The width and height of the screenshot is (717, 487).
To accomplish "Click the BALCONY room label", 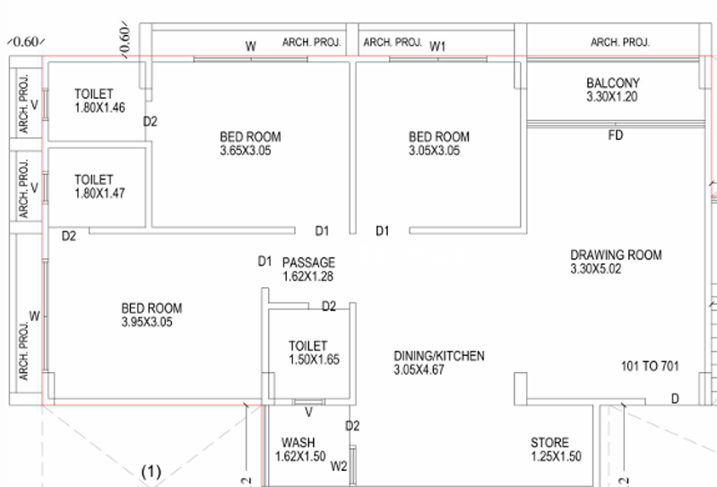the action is [x=613, y=83].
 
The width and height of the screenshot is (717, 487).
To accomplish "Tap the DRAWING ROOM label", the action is [x=616, y=255].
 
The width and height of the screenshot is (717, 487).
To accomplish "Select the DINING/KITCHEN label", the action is [x=439, y=356].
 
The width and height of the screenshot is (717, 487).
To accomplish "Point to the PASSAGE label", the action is [x=308, y=262].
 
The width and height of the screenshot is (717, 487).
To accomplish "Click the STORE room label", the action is [x=549, y=442].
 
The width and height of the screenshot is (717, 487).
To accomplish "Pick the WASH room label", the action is [x=298, y=442].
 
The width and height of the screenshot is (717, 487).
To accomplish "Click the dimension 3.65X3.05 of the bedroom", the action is [x=246, y=151].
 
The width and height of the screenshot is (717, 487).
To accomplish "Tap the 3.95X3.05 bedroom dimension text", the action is [x=147, y=322].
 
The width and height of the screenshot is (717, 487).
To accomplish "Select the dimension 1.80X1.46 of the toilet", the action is [x=99, y=108].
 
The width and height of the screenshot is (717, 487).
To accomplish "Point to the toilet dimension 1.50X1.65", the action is [x=315, y=360].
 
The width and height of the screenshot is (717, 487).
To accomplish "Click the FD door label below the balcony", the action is [x=616, y=135].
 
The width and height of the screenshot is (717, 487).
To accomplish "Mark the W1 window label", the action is [x=437, y=47].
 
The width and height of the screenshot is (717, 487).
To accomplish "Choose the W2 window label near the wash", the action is [x=339, y=466].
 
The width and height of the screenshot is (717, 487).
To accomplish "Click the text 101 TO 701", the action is [x=650, y=366].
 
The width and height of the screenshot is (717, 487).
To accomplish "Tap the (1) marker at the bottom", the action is [x=151, y=471].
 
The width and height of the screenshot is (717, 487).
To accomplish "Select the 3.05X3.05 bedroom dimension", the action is [x=435, y=151].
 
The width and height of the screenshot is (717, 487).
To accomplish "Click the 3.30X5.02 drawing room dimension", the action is [x=596, y=269].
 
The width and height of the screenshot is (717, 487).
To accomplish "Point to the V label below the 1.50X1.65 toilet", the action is [x=308, y=413].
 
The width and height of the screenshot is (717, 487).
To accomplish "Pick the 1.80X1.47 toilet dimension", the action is [x=99, y=193].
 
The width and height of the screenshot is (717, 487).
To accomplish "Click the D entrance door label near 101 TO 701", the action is [x=675, y=399].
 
